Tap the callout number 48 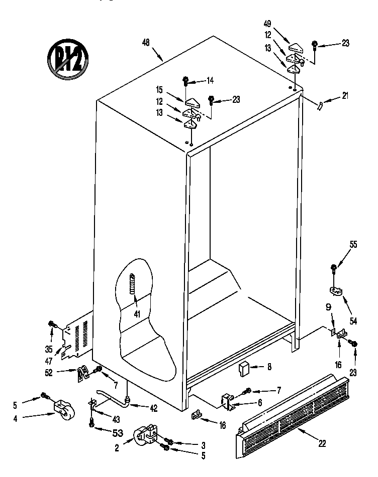(146, 44)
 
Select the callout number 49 (268, 23)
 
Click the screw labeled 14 (186, 80)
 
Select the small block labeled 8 (245, 370)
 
